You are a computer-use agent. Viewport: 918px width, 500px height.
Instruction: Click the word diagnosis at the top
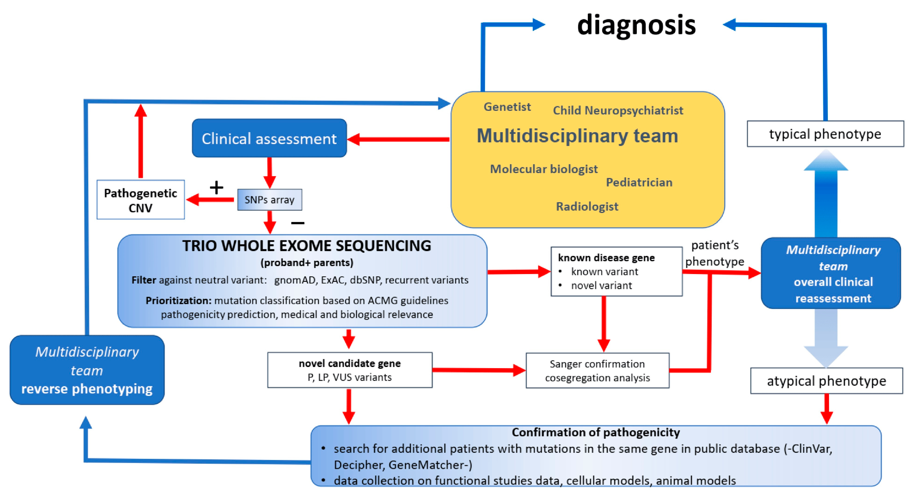(636, 25)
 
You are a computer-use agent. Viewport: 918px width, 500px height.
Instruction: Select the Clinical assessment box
(269, 138)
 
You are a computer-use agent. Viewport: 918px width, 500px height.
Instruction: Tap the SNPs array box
(269, 200)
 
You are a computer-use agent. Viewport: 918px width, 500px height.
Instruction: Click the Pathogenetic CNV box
(140, 200)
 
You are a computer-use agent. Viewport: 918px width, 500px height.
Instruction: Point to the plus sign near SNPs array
(216, 187)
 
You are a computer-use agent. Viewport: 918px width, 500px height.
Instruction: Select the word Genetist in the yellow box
(507, 107)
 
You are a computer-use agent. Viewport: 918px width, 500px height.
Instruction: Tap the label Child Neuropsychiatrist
(617, 111)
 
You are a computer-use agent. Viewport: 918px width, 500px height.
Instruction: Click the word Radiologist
(587, 207)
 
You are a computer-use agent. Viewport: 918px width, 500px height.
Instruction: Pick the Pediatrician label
(639, 182)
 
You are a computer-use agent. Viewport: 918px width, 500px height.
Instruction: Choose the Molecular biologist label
(543, 169)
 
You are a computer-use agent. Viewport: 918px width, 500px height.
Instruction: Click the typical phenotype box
(825, 134)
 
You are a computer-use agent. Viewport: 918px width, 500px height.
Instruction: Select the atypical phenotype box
(826, 381)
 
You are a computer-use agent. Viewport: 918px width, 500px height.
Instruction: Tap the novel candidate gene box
(350, 370)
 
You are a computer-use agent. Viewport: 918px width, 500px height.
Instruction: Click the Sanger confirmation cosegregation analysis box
(597, 370)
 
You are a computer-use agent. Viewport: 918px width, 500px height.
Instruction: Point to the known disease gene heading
(606, 257)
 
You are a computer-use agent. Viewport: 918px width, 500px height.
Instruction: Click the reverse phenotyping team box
(87, 370)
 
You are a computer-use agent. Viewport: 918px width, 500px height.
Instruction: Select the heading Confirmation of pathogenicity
(596, 432)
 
